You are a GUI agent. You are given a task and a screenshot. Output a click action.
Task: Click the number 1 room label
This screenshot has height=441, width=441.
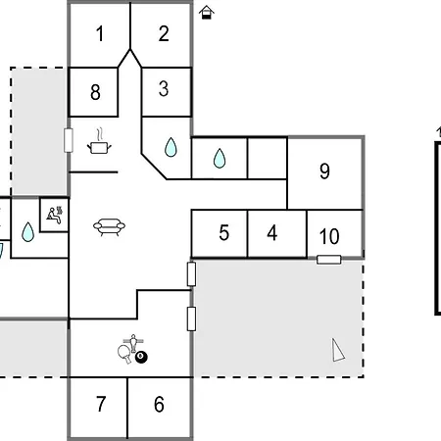[x=100, y=33]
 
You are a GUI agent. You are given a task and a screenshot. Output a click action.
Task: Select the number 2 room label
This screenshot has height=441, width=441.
[x=164, y=33]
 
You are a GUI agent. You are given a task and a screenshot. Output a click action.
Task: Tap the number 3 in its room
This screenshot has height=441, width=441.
[x=164, y=88]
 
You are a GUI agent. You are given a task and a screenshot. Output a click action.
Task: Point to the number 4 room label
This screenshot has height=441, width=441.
[x=272, y=233]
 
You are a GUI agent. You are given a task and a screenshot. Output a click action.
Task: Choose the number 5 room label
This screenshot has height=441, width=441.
[x=224, y=233]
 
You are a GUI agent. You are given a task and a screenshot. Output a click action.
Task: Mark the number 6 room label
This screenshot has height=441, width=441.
[x=159, y=404]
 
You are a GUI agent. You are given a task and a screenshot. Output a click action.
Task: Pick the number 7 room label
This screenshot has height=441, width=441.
[x=101, y=404]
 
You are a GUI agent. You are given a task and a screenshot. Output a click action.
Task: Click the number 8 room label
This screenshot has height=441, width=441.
[x=95, y=92]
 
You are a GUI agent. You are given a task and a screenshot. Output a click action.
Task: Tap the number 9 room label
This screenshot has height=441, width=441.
[x=324, y=171]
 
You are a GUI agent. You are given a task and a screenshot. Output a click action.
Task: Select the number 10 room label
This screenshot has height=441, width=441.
[x=329, y=236]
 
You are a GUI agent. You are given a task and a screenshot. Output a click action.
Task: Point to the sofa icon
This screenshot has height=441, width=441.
[x=109, y=226]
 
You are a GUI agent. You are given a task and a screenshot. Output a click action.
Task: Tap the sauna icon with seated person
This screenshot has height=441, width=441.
[x=55, y=215]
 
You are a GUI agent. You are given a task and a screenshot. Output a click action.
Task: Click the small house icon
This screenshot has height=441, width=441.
[x=207, y=13]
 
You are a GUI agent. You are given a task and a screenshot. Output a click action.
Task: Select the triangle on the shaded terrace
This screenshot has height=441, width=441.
[x=338, y=350]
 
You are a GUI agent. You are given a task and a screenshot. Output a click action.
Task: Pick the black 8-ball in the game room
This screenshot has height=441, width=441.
[x=141, y=357]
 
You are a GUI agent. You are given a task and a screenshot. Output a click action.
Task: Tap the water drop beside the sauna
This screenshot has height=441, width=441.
[x=27, y=232]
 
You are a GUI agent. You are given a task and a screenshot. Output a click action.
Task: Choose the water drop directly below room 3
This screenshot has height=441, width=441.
[x=171, y=147]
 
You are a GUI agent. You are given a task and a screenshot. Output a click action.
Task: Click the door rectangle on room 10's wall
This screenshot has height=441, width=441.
[x=329, y=260]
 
